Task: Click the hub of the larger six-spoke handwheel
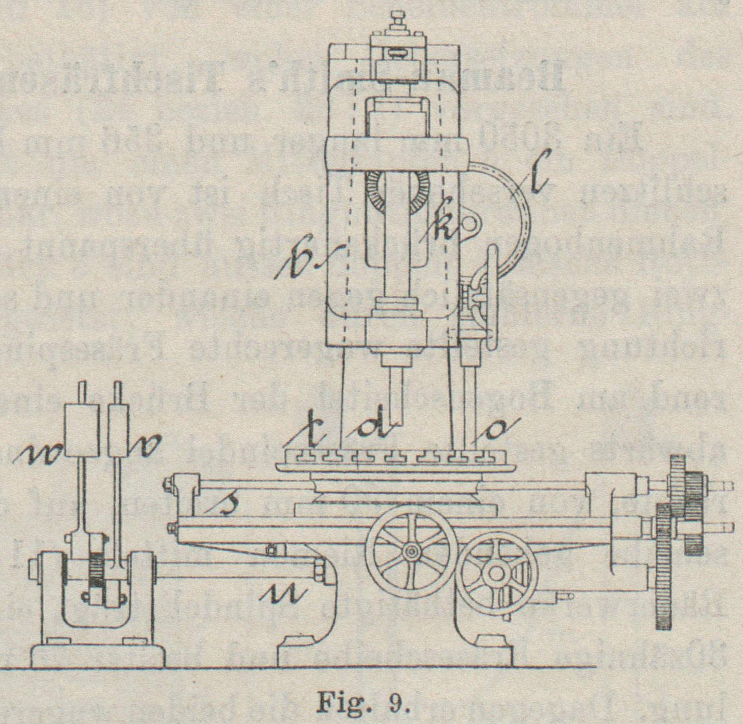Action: pos(411,550)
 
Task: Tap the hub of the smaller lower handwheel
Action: pos(496,574)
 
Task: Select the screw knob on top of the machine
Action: pos(399,20)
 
